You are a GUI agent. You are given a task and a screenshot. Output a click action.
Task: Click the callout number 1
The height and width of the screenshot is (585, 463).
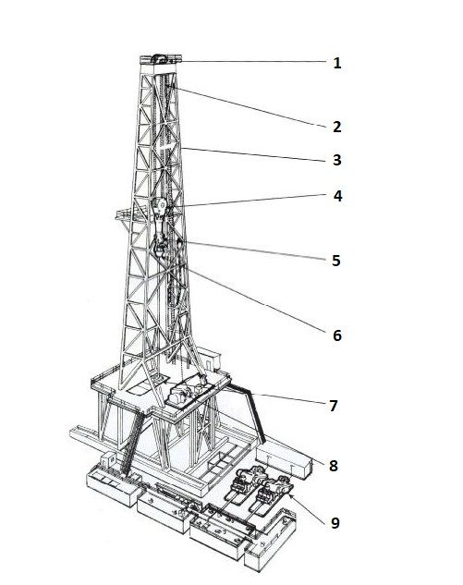coord(337,63)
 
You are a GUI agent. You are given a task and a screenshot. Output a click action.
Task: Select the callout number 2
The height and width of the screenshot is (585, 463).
coord(337,127)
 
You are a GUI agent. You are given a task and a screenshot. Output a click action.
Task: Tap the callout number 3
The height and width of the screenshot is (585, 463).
coord(337,160)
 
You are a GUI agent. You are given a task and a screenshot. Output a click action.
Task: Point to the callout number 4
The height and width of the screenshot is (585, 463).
coord(337,196)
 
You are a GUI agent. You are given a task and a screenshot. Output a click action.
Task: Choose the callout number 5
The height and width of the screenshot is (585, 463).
coord(336,261)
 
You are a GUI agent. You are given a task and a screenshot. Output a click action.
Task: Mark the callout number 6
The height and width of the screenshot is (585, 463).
coord(337,335)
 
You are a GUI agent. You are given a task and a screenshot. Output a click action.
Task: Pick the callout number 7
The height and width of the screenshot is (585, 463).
coord(334,406)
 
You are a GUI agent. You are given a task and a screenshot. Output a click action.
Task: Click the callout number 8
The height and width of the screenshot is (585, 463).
coord(334,466)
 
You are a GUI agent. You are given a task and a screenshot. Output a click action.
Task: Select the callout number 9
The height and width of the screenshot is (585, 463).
coord(335,523)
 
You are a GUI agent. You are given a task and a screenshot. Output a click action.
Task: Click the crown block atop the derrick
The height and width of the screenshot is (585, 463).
coord(161,59)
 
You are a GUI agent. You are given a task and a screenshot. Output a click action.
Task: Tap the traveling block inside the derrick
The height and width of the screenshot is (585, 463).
coord(159,207)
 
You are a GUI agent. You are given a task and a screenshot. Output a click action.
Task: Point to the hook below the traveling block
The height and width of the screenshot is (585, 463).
coord(160,244)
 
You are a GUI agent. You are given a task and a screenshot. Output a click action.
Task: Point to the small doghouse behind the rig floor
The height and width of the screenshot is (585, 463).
coord(210,359)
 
